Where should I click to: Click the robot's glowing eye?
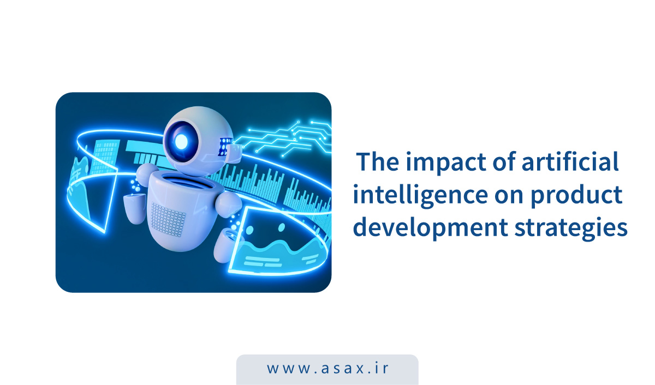click(181, 142)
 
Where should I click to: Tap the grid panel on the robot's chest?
click(168, 219)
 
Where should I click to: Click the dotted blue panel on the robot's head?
click(224, 146)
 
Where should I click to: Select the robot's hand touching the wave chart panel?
click(226, 245)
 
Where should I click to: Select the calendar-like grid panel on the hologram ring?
click(104, 157)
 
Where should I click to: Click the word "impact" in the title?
click(446, 163)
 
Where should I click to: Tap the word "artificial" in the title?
click(570, 161)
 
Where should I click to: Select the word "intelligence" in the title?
click(420, 195)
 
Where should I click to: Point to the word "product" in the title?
click(576, 195)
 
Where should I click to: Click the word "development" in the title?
click(431, 228)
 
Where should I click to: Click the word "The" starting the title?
click(378, 161)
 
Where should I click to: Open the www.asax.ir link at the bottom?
click(327, 369)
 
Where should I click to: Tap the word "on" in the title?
click(509, 196)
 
